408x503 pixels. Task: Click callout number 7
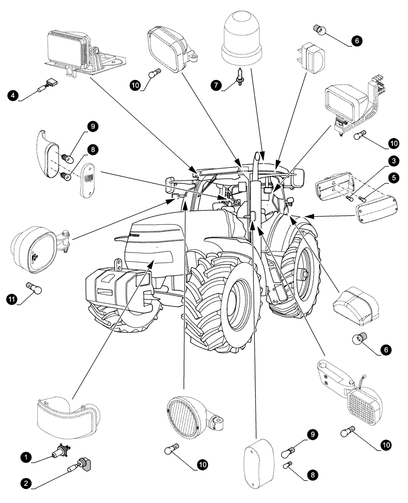pos(216,86)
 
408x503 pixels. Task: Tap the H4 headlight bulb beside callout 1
pos(61,452)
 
